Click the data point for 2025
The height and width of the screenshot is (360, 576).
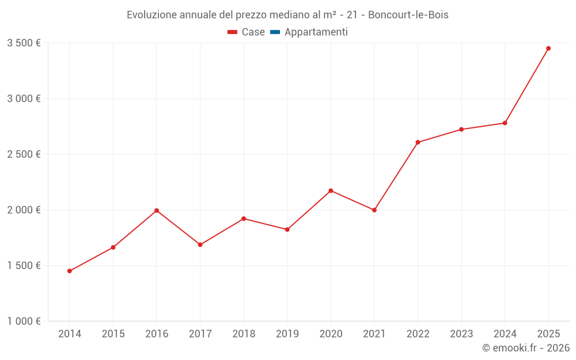point(548,48)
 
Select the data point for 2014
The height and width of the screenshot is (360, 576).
point(70,271)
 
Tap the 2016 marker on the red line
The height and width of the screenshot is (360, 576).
point(157,211)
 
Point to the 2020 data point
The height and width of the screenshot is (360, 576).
point(331,191)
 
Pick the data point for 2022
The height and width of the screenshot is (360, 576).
point(418,142)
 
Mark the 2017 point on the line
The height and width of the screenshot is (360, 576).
point(200,245)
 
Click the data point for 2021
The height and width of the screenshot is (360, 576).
point(374,210)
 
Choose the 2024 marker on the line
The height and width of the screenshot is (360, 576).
point(505,123)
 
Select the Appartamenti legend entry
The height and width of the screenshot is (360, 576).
point(316,32)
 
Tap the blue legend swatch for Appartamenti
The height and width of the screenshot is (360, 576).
point(275,32)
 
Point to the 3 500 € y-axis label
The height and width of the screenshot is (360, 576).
point(24,43)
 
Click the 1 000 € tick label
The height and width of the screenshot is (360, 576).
point(24,321)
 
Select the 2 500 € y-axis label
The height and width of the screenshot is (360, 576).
point(24,154)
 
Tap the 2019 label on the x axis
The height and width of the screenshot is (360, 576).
point(287,334)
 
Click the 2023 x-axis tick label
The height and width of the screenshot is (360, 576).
point(461,334)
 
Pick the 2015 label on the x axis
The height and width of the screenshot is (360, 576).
point(113,334)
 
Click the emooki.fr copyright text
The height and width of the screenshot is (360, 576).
point(525,348)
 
